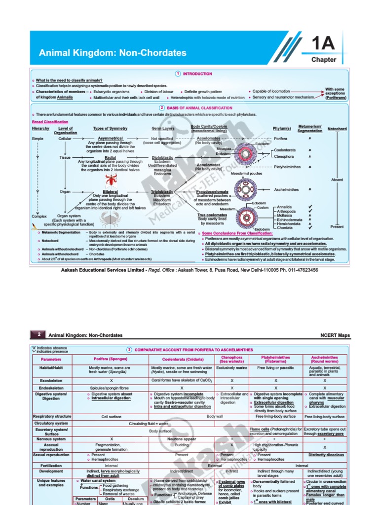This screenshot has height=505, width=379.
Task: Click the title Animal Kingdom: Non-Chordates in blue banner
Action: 113,53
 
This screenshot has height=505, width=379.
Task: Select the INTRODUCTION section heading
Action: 196,73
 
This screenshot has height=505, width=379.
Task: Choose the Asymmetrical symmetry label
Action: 110,139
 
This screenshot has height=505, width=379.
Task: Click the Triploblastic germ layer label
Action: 162,191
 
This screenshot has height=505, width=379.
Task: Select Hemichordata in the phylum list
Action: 289,223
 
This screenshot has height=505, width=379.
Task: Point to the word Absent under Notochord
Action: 337,180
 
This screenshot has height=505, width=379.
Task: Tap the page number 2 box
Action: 38,334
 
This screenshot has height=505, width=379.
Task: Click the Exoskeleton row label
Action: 51,381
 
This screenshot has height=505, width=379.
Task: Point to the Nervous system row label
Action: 51,439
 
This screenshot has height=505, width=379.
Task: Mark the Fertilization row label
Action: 51,465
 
